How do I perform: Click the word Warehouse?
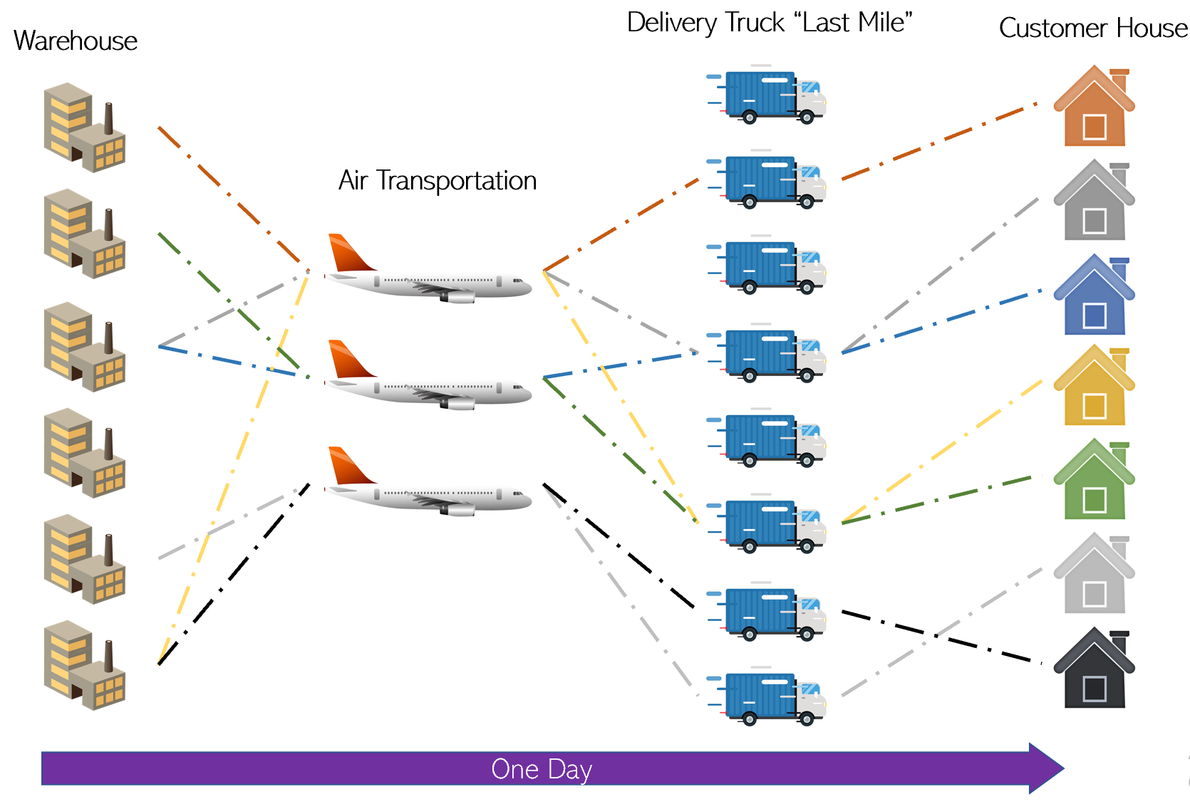75,41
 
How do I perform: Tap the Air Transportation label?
437,181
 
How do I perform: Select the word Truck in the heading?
755,23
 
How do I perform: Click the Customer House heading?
1092,28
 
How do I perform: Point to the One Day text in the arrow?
542,769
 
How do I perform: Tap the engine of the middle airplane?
459,404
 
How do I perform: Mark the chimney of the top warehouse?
109,118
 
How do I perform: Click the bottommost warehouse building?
84,666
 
